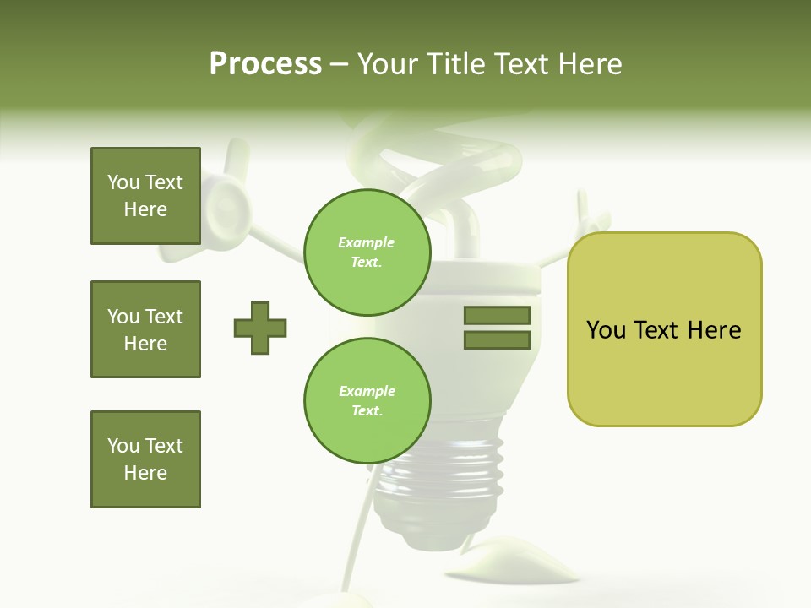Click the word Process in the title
point(265,64)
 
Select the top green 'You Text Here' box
point(145,196)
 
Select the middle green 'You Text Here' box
point(145,329)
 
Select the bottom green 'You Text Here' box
point(145,459)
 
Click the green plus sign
point(260,328)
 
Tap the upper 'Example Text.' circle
point(367,252)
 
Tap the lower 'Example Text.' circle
point(367,401)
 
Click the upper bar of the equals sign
point(497,315)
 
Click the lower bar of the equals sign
point(497,340)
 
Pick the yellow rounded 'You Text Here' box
point(664,328)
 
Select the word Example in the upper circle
point(367,242)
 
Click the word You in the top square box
point(122,182)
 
